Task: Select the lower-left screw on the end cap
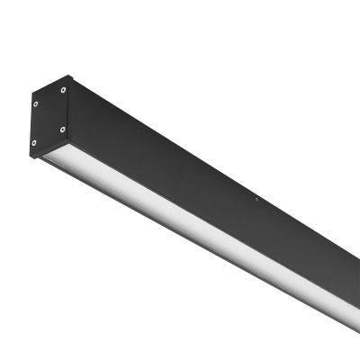36,142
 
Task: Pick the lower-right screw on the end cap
63,127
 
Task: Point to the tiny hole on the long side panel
256,201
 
